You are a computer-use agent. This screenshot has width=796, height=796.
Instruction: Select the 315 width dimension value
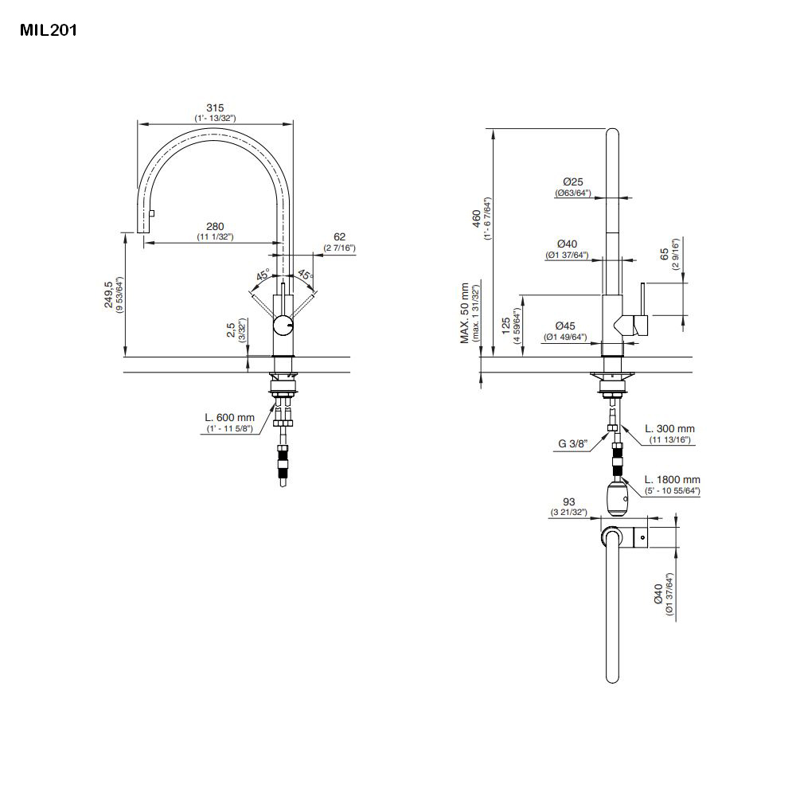tap(215, 107)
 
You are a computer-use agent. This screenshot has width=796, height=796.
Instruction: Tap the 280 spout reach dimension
tap(215, 227)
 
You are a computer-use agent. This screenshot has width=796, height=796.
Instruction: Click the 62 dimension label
tap(339, 237)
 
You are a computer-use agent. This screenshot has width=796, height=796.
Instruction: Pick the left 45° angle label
tap(262, 276)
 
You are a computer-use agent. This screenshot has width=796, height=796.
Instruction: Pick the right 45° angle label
tap(305, 275)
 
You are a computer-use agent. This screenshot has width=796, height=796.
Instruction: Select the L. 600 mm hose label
tap(229, 417)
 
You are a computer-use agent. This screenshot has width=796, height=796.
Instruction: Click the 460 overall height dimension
tap(477, 218)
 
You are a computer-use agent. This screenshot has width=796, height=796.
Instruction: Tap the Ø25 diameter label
tap(573, 182)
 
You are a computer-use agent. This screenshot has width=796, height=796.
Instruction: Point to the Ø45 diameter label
tap(566, 326)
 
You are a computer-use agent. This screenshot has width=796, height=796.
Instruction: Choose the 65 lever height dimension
tap(665, 256)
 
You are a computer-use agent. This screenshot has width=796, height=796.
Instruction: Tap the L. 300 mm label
tap(669, 429)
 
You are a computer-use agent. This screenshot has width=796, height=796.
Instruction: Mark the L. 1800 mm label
tap(673, 479)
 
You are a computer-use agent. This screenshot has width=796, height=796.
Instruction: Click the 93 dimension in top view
tap(568, 502)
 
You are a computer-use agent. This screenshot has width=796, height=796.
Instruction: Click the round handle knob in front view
tap(283, 326)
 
